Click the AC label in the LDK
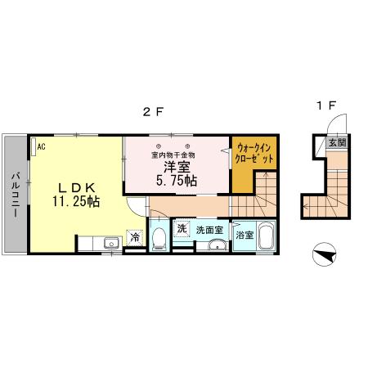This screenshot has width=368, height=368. tap(41, 147)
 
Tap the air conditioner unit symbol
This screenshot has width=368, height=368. tap(34, 147)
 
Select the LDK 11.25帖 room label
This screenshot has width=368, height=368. tap(76, 195)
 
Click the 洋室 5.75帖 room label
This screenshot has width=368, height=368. tap(177, 174)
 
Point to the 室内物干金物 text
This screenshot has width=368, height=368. tap(173, 155)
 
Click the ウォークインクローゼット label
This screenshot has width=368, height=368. tap(254, 154)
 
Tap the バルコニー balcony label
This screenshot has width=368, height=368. tap(16, 195)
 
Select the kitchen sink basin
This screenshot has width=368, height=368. tap(111, 243)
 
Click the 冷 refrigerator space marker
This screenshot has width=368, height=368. tap(135, 238)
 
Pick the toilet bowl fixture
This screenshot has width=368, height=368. tap(159, 239)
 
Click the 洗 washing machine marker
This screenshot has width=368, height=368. tap(182, 228)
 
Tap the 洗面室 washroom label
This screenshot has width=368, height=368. tap(209, 230)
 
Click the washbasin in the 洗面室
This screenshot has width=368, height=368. tap(218, 245)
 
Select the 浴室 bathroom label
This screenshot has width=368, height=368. tap(245, 235)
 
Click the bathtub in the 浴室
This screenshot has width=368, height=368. tap(266, 236)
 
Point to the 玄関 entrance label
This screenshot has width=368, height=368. tap(337, 142)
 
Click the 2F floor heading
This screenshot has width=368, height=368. tap(153, 112)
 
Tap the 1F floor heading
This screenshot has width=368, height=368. tap(326, 105)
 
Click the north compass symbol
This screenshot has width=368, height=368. tap(324, 254)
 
